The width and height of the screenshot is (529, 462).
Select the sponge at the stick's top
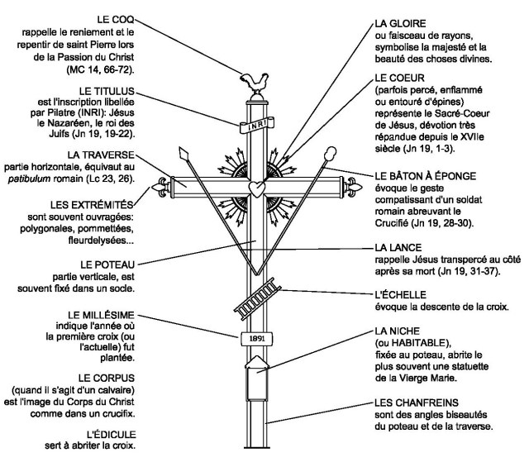pos(331,155)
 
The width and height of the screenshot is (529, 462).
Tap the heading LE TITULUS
pos(108,88)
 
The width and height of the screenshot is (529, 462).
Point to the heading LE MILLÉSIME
pos(93,316)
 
